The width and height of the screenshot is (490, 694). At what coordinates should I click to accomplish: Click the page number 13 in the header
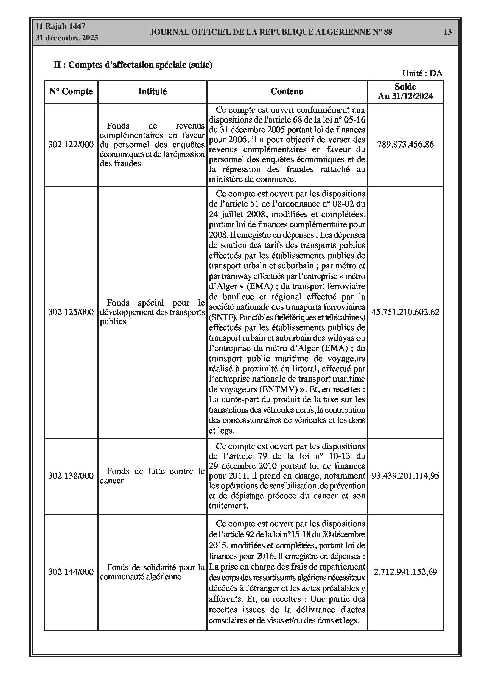point(447,32)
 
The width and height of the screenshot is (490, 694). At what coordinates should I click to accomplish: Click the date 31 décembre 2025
point(67,38)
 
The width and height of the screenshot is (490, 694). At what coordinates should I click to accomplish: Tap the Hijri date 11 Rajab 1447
point(60,26)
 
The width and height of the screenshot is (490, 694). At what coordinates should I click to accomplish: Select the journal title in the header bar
point(271,32)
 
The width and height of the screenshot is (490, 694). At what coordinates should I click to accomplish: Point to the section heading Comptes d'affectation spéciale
point(133,65)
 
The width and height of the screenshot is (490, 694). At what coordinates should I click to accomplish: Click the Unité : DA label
point(422,73)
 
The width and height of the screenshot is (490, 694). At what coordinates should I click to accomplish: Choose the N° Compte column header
point(71,91)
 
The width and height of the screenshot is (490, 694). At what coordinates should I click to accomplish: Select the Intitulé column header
point(152,91)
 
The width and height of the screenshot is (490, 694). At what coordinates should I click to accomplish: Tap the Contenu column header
point(287,91)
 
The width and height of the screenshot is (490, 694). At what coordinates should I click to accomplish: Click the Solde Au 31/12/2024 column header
point(405,91)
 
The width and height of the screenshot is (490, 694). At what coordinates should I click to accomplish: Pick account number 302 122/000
point(71,145)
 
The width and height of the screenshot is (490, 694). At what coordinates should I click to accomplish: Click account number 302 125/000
point(71,312)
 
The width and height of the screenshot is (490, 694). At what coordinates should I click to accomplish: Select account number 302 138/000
point(71,476)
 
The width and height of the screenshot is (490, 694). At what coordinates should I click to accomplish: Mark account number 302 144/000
point(71,572)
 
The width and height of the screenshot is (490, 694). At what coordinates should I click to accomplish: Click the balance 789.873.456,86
point(405,145)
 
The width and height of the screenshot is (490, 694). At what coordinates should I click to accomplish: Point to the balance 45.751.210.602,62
point(405,312)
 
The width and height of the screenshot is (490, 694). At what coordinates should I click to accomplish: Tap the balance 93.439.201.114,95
point(405,476)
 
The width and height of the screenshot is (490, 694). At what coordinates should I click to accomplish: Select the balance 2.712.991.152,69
point(405,572)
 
